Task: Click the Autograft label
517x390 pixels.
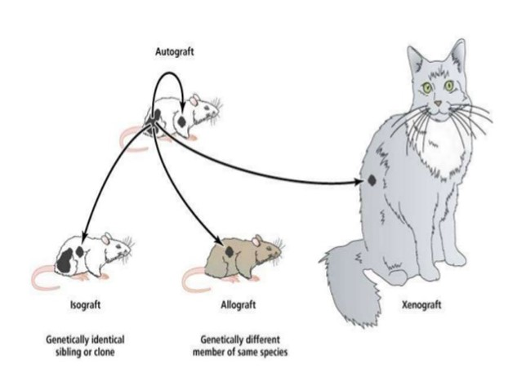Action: click(175, 51)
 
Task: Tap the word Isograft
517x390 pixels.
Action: click(85, 304)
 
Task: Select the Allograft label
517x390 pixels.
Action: click(238, 304)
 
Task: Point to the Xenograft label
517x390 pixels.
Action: click(421, 304)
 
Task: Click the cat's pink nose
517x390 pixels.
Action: click(438, 104)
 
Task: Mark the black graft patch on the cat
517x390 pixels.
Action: click(372, 180)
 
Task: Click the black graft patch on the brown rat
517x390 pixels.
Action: click(230, 252)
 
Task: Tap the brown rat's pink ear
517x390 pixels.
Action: click(256, 241)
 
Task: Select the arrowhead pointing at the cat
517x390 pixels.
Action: click(359, 181)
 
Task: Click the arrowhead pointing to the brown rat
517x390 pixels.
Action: click(217, 240)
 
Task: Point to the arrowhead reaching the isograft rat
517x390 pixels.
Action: click(84, 234)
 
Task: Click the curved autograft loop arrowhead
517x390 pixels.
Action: click(181, 108)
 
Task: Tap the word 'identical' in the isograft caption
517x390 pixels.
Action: click(108, 339)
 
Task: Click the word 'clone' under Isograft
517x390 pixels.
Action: click(105, 352)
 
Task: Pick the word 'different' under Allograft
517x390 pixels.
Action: click(263, 339)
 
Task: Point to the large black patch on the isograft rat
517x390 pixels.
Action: click(65, 260)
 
